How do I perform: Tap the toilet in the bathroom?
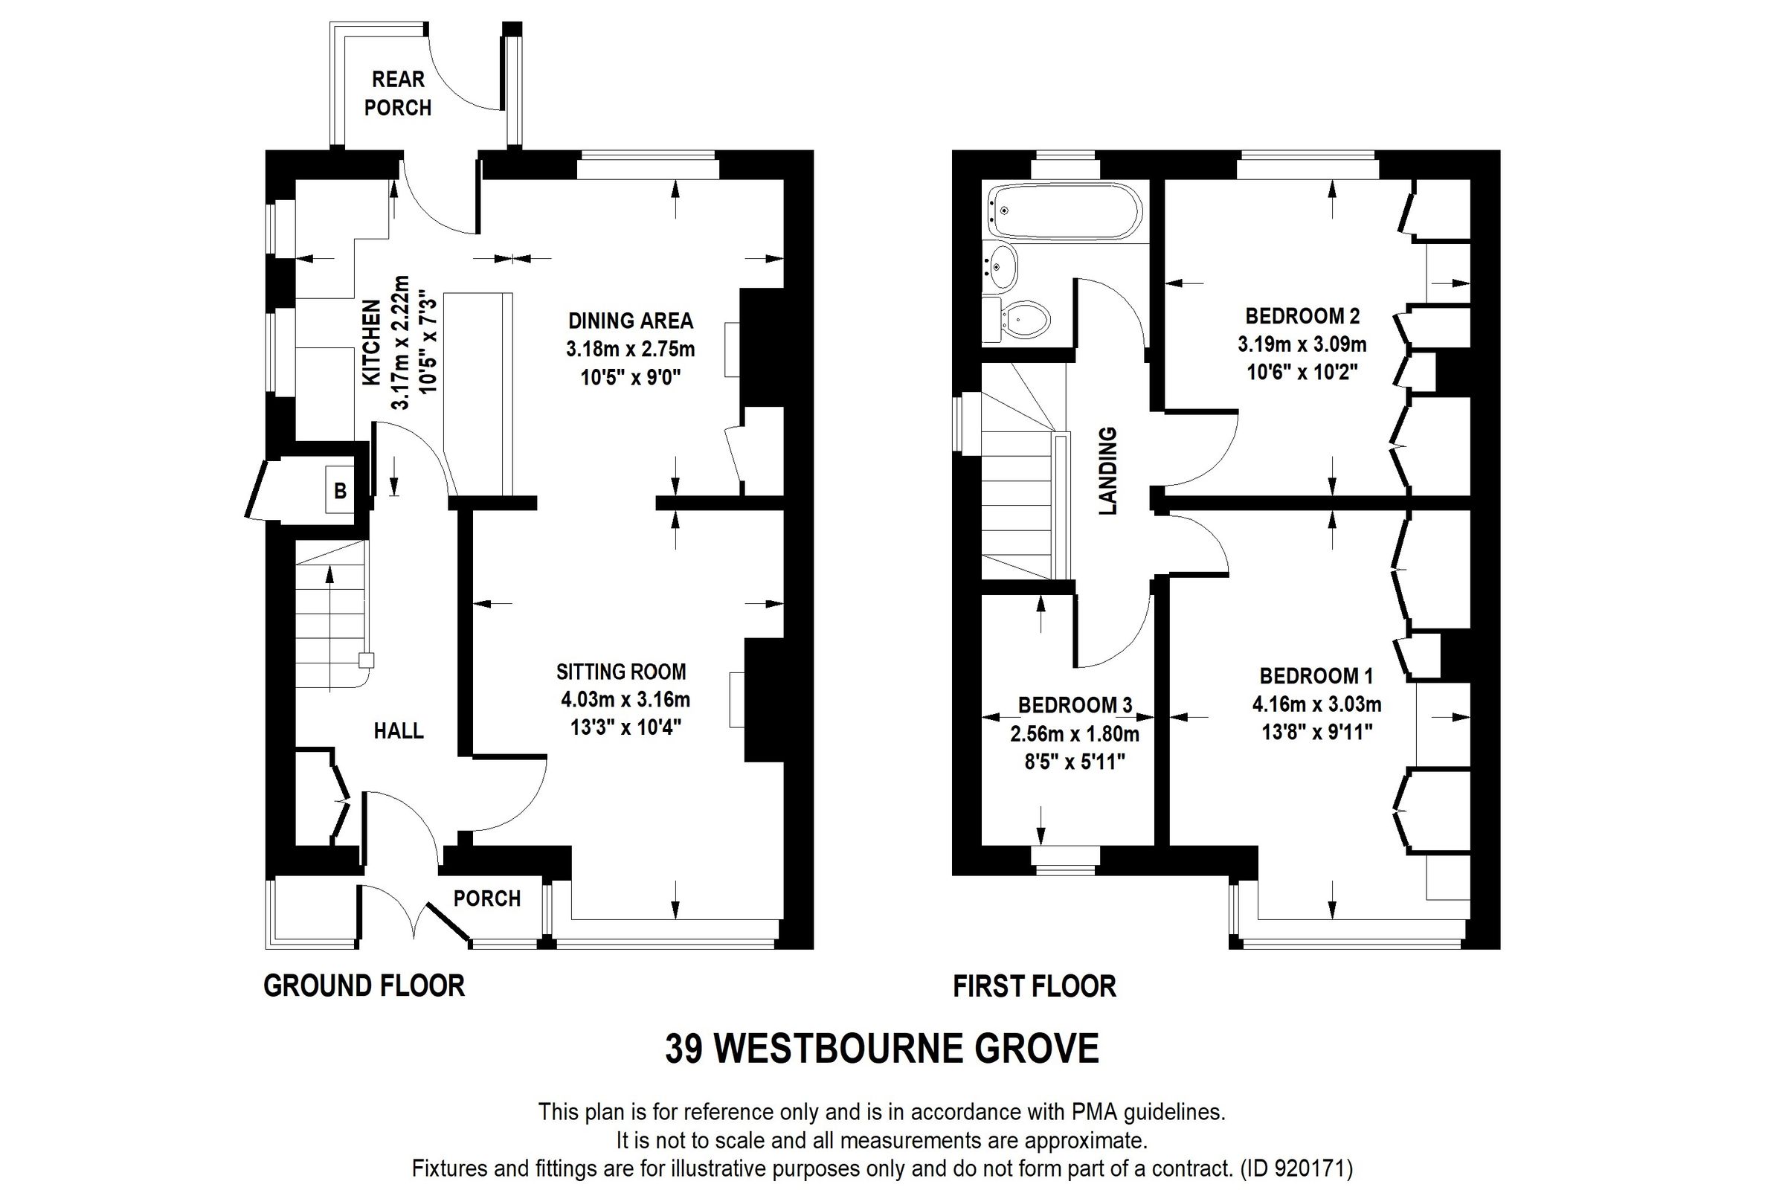coord(1026,320)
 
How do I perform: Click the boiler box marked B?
coord(340,491)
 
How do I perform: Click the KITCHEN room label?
coord(371,343)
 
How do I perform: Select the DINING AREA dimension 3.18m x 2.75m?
coord(630,349)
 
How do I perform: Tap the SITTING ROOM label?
coord(621,672)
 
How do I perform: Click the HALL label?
coord(399,731)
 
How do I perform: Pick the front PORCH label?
coord(486,898)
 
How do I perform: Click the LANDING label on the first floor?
coord(1109,472)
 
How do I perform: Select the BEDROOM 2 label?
coord(1302,315)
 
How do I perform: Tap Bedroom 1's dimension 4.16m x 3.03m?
coord(1316,704)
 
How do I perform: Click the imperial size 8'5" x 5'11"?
coord(1075,762)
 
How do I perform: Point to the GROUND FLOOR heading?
coord(364,986)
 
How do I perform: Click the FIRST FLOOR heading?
coord(1035,987)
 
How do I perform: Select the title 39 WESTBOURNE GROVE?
coord(882,1049)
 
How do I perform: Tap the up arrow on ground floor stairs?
coord(329,575)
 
